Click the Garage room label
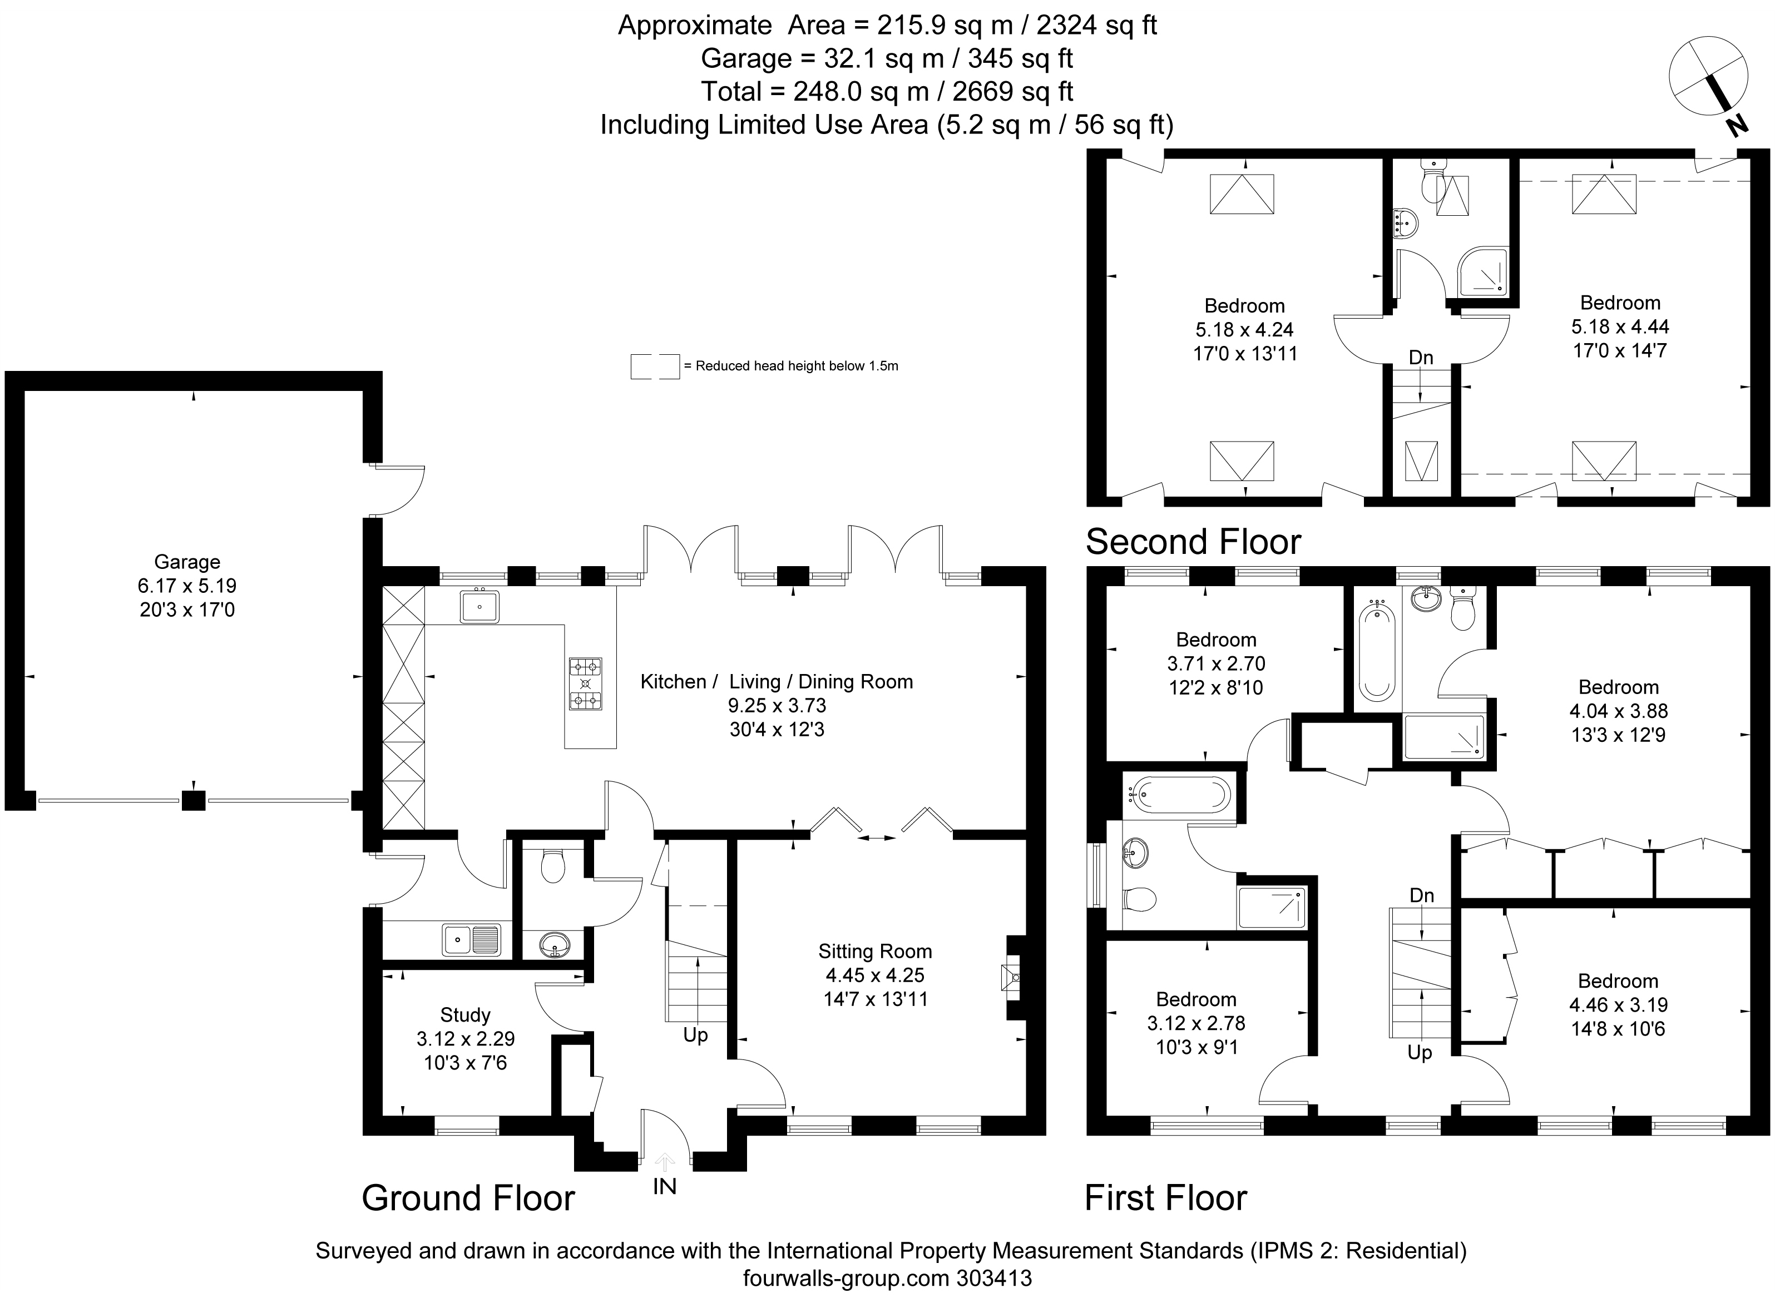point(187,562)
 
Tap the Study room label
point(465,1014)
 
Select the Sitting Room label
point(876,952)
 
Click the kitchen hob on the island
point(585,683)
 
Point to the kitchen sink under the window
point(479,607)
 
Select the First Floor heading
point(1166,1198)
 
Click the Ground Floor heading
point(468,1198)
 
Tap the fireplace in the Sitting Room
point(1010,978)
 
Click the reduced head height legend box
point(655,366)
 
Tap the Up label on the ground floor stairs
point(695,1036)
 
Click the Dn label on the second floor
point(1421,358)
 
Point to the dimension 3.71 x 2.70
point(1217,664)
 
